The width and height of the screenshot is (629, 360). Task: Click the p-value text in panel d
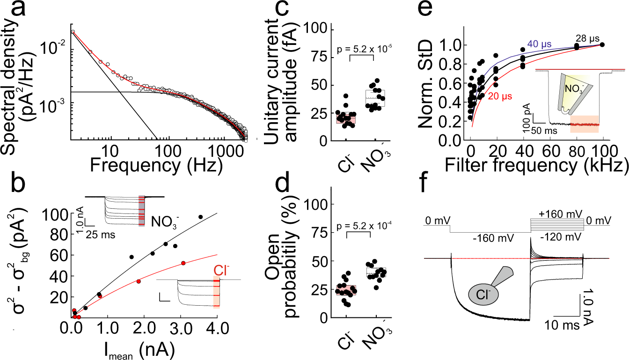pos(360,225)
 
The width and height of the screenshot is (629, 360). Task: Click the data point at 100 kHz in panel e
pos(602,44)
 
